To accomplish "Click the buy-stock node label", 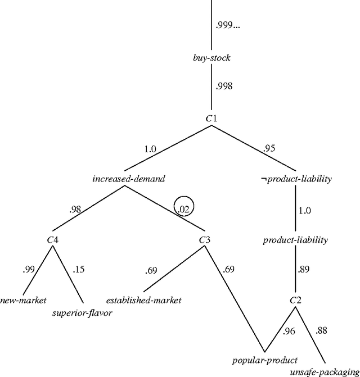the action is pyautogui.click(x=211, y=58).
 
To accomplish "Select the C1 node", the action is pyautogui.click(x=211, y=118).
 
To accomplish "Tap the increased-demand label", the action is pyautogui.click(x=128, y=179).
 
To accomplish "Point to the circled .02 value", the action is pyautogui.click(x=183, y=209).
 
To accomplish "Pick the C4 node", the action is pyautogui.click(x=53, y=240).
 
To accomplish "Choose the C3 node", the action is pyautogui.click(x=205, y=240).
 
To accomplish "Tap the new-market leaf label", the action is pyautogui.click(x=24, y=299).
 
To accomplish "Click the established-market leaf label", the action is pyautogui.click(x=144, y=301).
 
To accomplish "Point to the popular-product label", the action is pyautogui.click(x=264, y=360).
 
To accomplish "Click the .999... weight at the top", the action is pyautogui.click(x=228, y=26).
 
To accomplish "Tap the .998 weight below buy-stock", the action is pyautogui.click(x=224, y=87).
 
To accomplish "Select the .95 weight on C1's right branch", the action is pyautogui.click(x=270, y=149).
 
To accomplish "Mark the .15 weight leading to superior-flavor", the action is pyautogui.click(x=79, y=270).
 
